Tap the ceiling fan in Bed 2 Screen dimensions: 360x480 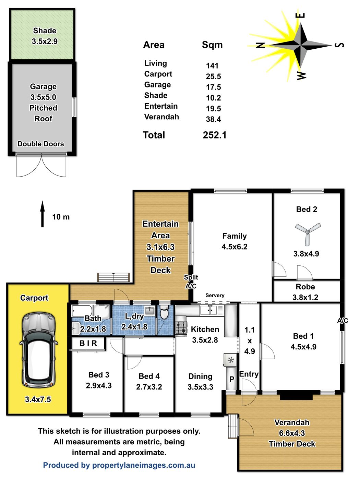[308, 233]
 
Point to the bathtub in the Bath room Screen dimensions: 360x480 [82, 311]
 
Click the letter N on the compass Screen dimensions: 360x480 [260, 45]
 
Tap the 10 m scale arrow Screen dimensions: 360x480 [43, 214]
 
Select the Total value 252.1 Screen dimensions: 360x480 [214, 135]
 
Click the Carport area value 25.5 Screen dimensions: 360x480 [213, 76]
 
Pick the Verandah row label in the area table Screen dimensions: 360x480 [161, 117]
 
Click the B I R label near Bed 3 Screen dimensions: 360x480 [88, 343]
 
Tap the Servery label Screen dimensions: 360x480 [215, 295]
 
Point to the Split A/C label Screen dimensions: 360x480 [191, 282]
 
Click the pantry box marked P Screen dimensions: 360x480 [231, 379]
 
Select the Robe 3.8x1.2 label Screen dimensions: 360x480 [305, 292]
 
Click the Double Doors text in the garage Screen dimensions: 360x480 [41, 144]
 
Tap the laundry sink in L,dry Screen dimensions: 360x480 [150, 311]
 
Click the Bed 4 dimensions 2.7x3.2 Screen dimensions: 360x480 [149, 387]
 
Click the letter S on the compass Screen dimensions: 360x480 [339, 45]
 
